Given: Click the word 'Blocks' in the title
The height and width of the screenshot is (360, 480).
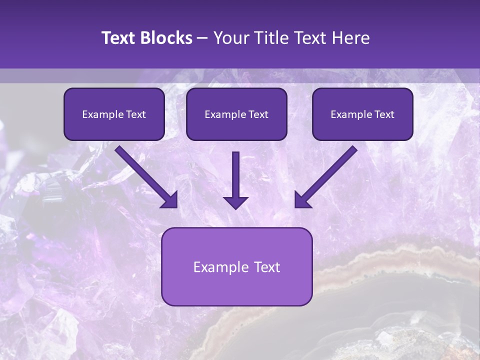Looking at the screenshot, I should pyautogui.click(x=165, y=38).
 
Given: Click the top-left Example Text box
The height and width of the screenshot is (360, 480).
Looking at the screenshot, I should pyautogui.click(x=114, y=114).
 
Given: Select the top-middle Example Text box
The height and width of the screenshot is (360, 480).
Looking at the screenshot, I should pyautogui.click(x=236, y=114).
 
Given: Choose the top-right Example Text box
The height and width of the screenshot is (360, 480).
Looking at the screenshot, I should pyautogui.click(x=362, y=114).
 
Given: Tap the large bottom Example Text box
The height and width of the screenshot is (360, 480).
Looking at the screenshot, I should pyautogui.click(x=236, y=266).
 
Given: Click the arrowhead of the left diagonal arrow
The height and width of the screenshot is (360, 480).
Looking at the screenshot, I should pyautogui.click(x=170, y=200).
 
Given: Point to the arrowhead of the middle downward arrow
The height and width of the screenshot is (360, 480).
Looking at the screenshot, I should pyautogui.click(x=235, y=202).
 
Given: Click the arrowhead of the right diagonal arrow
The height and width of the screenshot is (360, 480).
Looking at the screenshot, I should pyautogui.click(x=302, y=200).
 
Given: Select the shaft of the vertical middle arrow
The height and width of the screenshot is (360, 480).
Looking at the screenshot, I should pyautogui.click(x=235, y=172).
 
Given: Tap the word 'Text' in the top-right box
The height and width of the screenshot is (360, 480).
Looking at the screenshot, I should pyautogui.click(x=384, y=114).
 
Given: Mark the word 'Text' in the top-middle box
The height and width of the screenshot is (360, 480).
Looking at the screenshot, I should pyautogui.click(x=258, y=114).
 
